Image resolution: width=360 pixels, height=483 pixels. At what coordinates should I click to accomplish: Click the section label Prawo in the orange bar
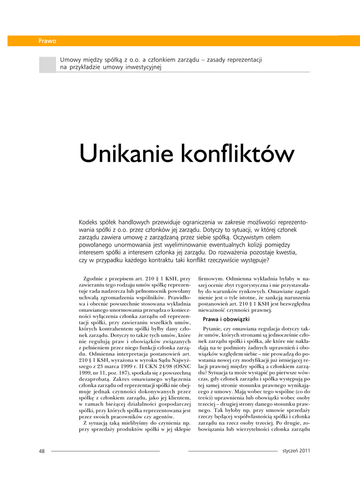click(x=47, y=41)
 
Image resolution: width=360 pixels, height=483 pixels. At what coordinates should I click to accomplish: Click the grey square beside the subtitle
click(x=47, y=65)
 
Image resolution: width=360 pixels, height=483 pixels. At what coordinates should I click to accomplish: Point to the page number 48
click(x=41, y=451)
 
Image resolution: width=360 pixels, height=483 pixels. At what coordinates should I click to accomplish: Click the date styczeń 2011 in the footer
click(x=296, y=450)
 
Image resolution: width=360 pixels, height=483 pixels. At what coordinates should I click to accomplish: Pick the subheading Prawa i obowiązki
click(x=226, y=319)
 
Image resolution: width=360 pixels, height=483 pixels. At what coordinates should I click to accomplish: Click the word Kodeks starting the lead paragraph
click(x=89, y=222)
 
